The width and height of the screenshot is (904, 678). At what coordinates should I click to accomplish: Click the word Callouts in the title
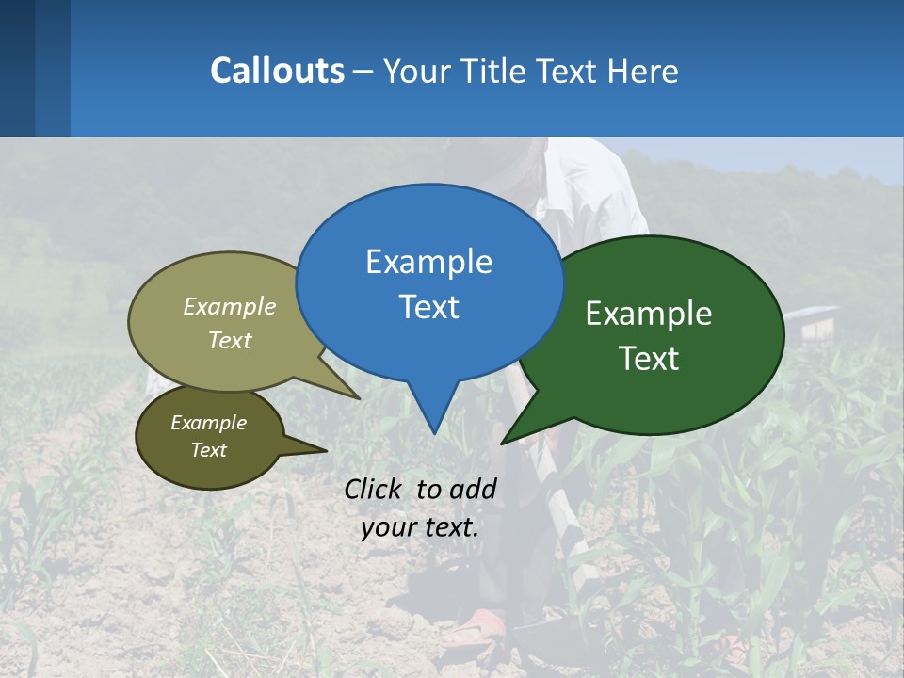tap(277, 71)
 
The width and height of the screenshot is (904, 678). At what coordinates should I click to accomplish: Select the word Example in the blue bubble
tap(428, 262)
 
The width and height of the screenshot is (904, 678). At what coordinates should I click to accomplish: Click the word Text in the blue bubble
tap(428, 307)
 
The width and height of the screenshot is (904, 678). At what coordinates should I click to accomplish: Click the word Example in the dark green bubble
tap(649, 314)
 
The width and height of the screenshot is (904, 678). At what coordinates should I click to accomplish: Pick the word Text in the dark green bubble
tap(649, 359)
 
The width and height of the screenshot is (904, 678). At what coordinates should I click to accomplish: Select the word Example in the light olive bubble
tap(230, 306)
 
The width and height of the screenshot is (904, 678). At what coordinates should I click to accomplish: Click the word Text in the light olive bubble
tap(230, 340)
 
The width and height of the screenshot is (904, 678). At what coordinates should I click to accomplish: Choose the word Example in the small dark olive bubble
tap(208, 423)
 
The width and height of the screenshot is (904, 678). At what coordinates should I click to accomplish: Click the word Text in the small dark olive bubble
tap(208, 450)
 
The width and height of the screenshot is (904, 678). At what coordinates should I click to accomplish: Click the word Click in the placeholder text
tap(374, 489)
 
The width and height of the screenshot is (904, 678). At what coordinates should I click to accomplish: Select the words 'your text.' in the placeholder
tap(420, 527)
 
